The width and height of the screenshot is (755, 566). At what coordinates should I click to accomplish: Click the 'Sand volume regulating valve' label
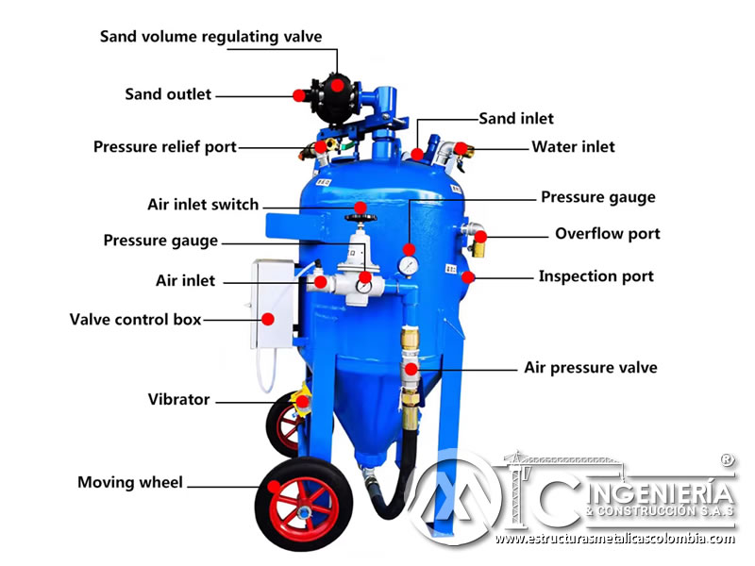point(210,37)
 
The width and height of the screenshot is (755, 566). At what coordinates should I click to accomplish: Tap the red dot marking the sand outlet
point(299,95)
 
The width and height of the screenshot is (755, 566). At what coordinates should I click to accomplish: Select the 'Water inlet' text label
point(573,147)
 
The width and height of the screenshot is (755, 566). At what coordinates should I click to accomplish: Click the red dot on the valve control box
point(268,319)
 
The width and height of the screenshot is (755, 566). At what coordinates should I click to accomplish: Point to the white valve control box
point(273,303)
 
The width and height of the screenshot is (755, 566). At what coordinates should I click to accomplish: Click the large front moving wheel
point(303,504)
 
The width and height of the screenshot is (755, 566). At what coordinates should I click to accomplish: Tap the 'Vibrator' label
point(178,399)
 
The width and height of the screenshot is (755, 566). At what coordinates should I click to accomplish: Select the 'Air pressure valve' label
point(591,368)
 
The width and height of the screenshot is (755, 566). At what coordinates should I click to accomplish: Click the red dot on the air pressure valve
point(411,369)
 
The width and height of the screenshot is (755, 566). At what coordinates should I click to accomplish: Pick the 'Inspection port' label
point(596,276)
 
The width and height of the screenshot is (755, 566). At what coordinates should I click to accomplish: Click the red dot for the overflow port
point(480,237)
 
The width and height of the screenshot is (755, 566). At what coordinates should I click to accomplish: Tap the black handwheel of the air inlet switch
point(361,218)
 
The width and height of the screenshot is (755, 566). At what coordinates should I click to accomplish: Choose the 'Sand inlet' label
point(516,119)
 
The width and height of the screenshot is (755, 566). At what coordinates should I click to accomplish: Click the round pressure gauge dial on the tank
point(409,266)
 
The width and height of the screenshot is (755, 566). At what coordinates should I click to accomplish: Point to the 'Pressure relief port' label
point(165,147)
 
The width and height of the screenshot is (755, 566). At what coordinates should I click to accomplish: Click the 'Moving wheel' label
point(130,482)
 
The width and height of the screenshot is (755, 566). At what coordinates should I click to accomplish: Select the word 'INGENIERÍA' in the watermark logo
point(661,492)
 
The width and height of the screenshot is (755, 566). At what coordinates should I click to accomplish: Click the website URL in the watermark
point(615,539)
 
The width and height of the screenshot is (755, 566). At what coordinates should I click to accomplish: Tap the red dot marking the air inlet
point(321,282)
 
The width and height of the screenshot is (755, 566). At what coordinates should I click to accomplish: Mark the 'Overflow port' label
point(608,234)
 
